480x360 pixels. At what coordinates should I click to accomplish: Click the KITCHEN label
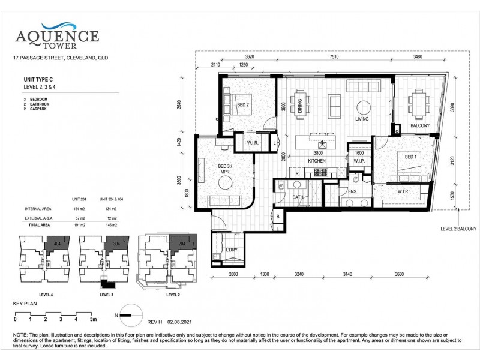(x=316, y=161)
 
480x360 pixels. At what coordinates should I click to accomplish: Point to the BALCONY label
(x=419, y=125)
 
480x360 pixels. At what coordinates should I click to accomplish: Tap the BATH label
(x=297, y=197)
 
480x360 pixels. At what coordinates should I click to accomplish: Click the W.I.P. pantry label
(x=360, y=160)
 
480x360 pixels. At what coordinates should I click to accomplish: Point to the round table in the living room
(x=363, y=108)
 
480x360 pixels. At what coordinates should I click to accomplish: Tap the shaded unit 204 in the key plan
(x=182, y=244)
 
